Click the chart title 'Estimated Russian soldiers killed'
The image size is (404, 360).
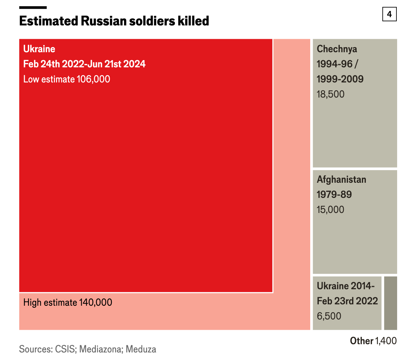[x=114, y=21]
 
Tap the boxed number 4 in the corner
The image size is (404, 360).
[x=389, y=14]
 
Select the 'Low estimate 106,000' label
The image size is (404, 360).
[x=67, y=79]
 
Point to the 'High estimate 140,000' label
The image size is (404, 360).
[x=68, y=303]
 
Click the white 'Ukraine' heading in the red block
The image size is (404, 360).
[x=39, y=49]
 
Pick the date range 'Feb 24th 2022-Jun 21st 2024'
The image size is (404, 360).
[x=84, y=64]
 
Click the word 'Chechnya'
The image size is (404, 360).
[x=337, y=49]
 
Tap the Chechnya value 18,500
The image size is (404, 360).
[x=330, y=94]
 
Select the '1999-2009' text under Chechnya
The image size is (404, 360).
[x=340, y=79]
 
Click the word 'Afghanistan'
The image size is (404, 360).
[x=341, y=180]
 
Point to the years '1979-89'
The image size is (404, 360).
[x=334, y=195]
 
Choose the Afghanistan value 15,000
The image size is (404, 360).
[x=330, y=210]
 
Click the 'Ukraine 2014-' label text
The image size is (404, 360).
[x=346, y=286]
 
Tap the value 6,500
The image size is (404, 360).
[x=329, y=316]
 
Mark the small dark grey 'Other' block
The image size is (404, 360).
[x=391, y=303]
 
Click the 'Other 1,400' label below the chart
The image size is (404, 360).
[x=373, y=341]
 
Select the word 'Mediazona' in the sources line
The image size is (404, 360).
[x=101, y=349]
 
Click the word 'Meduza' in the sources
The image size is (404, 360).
[x=141, y=349]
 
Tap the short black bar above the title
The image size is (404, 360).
[x=33, y=8]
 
